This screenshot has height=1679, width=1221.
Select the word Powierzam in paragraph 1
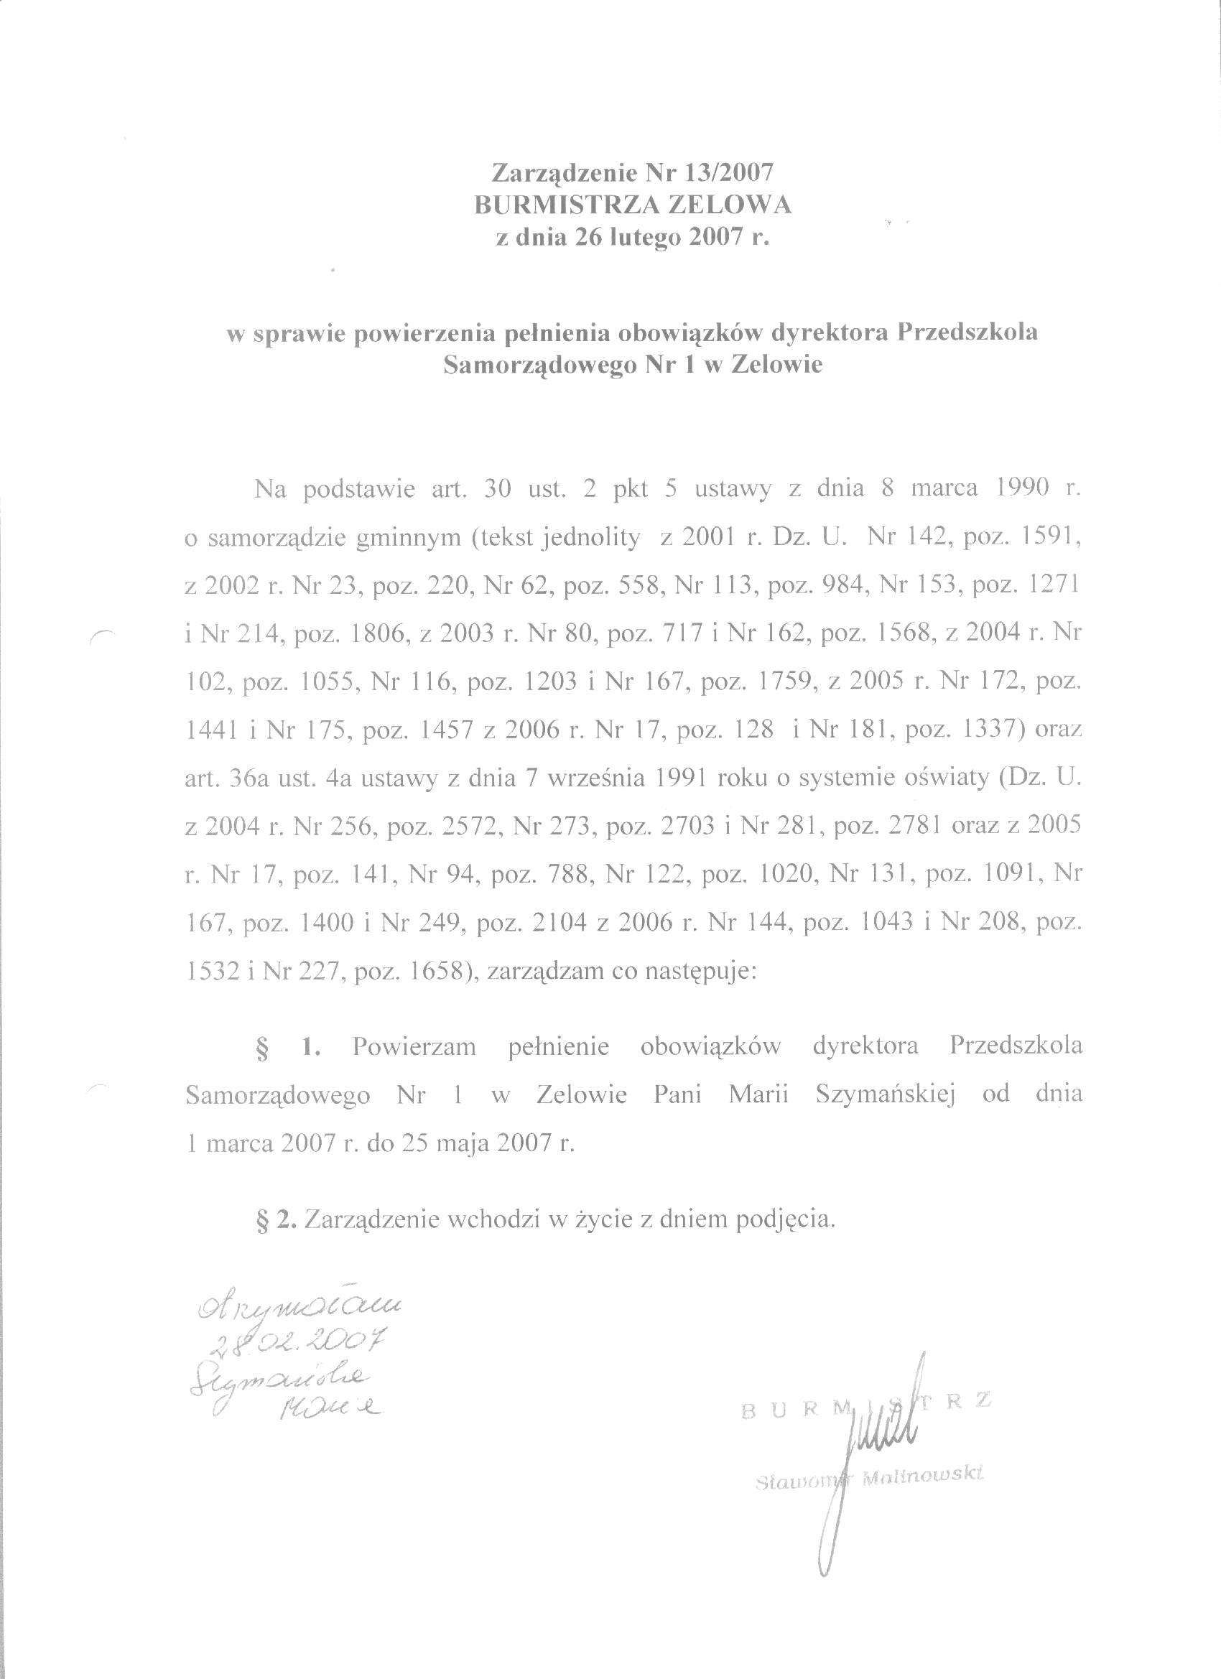pos(414,1046)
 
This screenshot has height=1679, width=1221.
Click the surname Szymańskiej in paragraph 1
pos(885,1094)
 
